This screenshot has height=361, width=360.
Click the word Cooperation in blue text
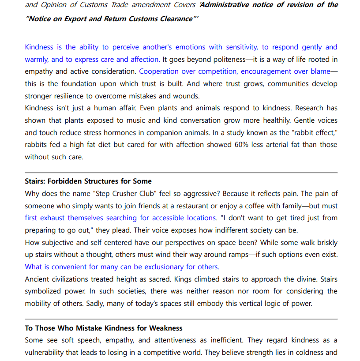[159, 71]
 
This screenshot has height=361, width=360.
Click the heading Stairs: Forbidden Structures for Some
[88, 181]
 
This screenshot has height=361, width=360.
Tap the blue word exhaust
[52, 218]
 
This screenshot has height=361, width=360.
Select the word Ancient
[37, 279]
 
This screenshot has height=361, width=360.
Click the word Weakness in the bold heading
[166, 328]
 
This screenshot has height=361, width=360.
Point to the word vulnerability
[45, 352]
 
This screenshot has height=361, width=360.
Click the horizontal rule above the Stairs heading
[181, 173]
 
